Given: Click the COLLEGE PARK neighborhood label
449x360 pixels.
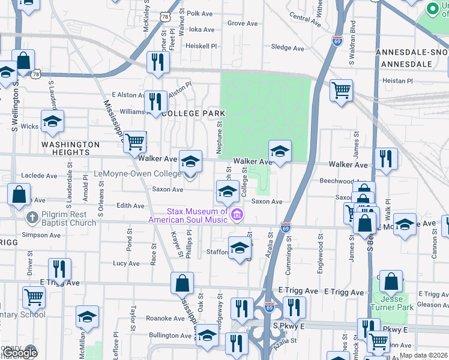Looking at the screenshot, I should coord(193,113).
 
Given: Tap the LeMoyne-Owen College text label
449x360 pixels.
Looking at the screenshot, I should coord(137,174).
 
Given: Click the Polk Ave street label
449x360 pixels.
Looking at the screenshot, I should coord(200,13).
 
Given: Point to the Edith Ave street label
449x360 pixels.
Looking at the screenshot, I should coord(130,206).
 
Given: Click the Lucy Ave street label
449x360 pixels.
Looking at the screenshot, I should coord(126,263).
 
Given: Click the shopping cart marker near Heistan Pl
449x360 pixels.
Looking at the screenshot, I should coord(341,91).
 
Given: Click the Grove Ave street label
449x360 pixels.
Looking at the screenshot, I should coord(242,23).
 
